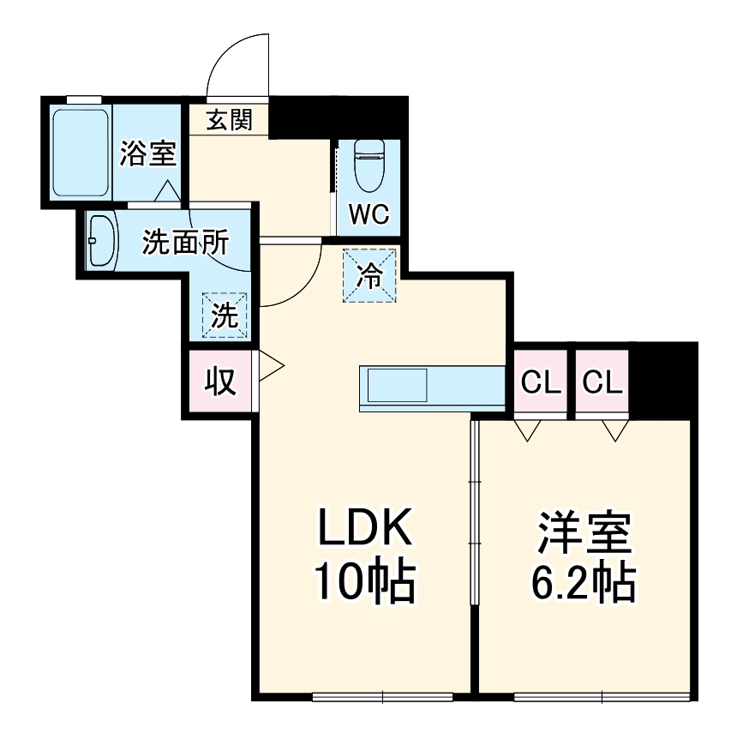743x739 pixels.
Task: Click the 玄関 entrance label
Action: click(x=229, y=121)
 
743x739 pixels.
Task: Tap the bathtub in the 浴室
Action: click(x=81, y=153)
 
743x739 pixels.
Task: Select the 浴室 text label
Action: click(x=147, y=154)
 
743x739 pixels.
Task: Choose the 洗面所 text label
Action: click(x=185, y=243)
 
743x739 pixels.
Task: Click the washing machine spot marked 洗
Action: click(x=225, y=315)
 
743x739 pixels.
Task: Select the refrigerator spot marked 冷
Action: click(x=370, y=275)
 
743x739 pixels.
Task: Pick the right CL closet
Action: click(x=602, y=383)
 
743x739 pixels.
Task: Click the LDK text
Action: click(x=366, y=530)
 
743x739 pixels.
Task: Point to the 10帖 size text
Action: click(x=366, y=584)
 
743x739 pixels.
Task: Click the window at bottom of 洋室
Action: click(x=602, y=695)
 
